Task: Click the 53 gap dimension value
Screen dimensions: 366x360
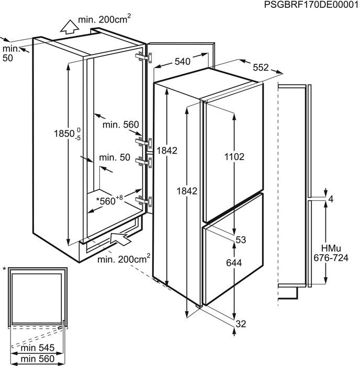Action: [241, 240]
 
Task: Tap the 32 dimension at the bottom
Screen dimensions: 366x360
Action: [241, 324]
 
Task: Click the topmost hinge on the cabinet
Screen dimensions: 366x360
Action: [140, 56]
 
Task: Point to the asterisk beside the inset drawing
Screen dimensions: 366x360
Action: [4, 269]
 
